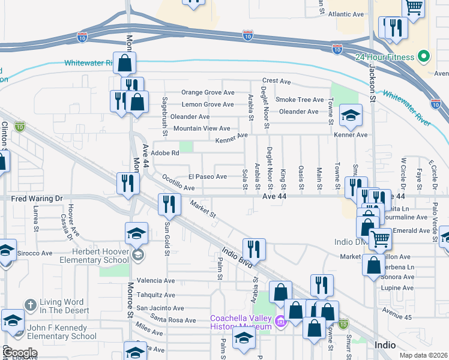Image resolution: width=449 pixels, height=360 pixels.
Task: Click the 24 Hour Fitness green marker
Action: coord(424,57)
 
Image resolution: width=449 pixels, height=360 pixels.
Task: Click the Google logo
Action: coord(20,352)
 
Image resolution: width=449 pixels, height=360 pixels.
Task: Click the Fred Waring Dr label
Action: coord(37,198)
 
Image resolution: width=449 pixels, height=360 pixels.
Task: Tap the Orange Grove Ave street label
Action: coord(208,92)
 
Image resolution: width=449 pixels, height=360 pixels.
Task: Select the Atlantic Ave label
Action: coord(346,14)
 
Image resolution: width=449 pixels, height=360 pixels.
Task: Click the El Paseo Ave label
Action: coord(208,176)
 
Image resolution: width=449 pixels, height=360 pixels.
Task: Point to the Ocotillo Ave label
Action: coord(179,182)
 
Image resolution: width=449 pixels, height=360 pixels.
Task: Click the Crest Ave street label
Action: coord(276,81)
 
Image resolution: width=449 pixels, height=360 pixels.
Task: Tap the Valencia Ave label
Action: coord(156,280)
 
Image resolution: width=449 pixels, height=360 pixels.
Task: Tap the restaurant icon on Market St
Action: coord(170,204)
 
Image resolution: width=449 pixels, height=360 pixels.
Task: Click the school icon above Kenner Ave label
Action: coord(351,116)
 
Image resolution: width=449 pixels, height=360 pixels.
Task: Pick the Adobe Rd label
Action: coord(166,153)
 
